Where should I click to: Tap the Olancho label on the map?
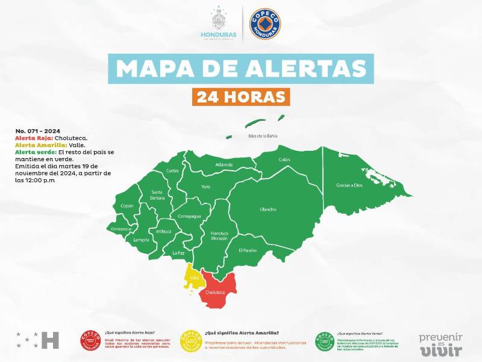268,209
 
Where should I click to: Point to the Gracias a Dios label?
349,185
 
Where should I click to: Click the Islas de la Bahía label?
263,136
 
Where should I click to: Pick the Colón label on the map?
284,160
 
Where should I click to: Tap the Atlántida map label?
224,164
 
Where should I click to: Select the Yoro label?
206,186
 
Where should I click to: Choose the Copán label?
127,206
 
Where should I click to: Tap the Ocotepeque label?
120,229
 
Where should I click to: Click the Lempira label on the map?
142,240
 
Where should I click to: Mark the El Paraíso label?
248,250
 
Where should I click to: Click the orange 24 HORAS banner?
241,96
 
